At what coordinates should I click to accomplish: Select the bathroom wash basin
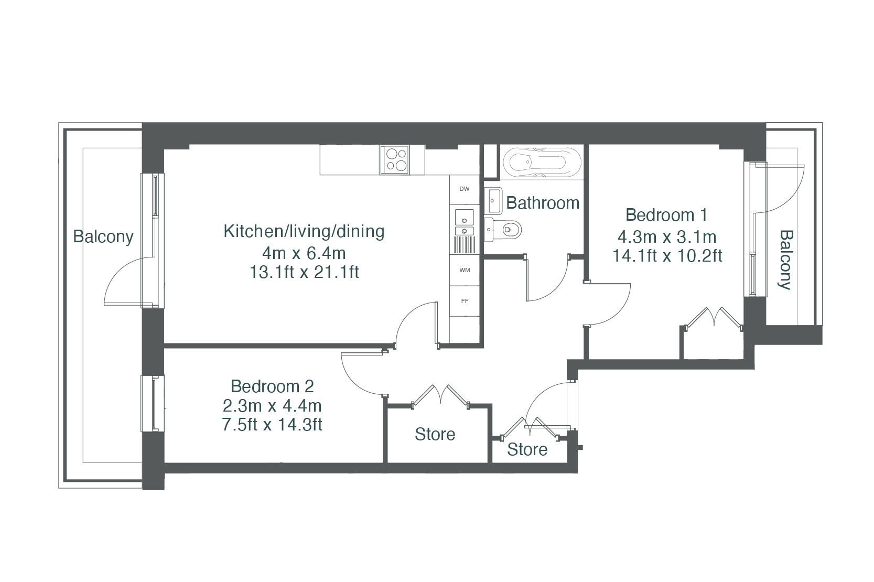pos(493,201)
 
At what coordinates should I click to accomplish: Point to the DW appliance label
pos(465,189)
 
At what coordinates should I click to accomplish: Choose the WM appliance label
pos(465,270)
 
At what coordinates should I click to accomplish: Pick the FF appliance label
pos(465,301)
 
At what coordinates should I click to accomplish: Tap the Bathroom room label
pos(542,203)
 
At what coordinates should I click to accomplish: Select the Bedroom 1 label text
pos(666,215)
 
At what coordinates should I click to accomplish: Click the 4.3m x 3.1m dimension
pos(667,237)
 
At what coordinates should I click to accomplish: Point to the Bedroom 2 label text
pos(272,386)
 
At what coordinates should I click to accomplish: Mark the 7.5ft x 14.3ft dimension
pos(272,424)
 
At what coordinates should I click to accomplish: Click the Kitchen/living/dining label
pos(304,231)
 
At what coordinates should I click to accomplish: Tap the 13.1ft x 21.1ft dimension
pos(304,272)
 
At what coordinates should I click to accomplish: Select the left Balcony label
pos(103,237)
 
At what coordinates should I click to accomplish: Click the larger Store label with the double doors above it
pos(435,434)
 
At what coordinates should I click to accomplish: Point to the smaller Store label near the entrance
pos(527,449)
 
